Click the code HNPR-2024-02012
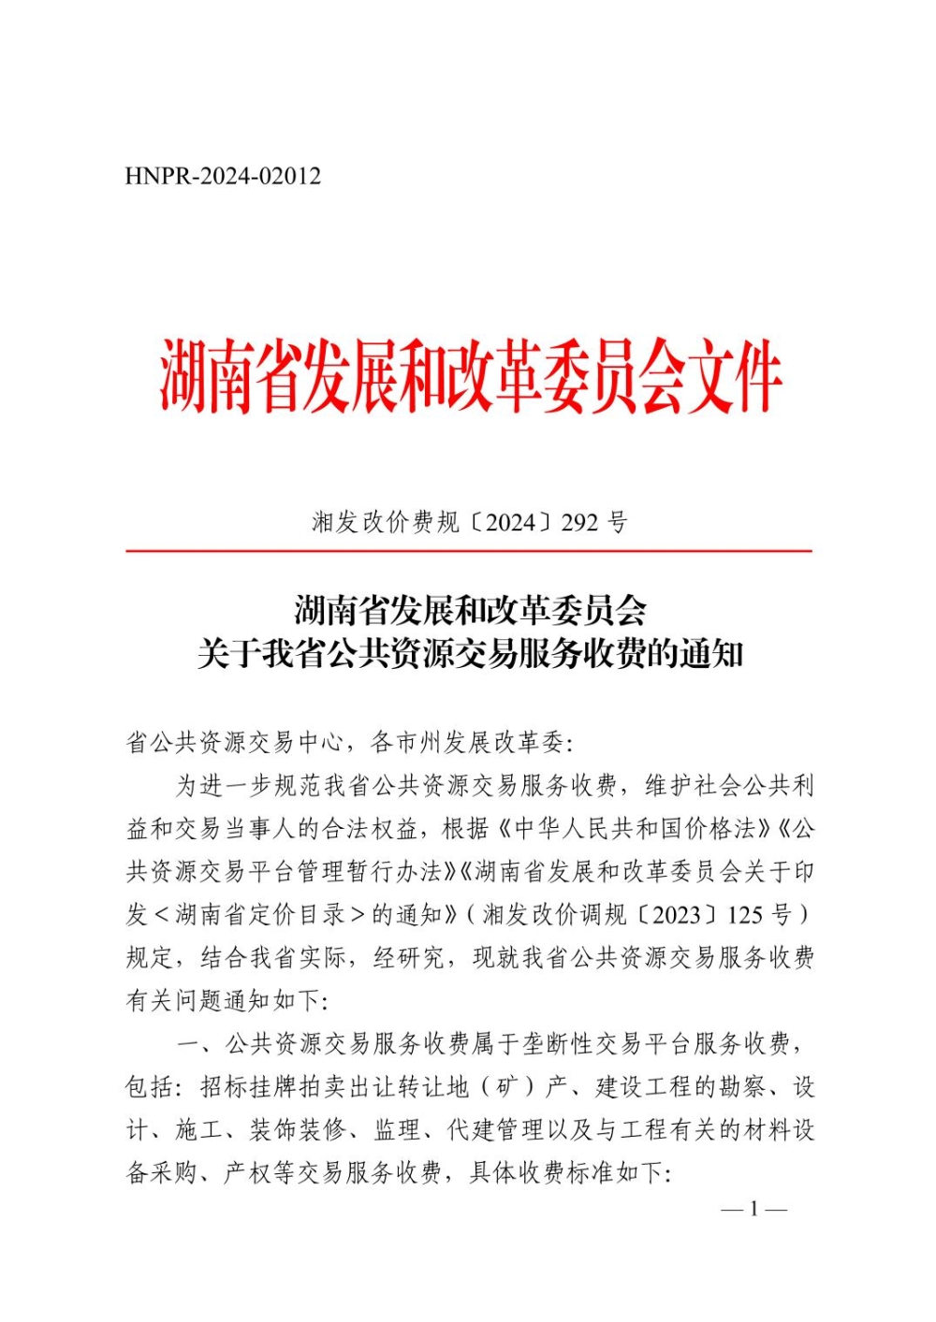[223, 176]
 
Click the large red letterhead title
[469, 377]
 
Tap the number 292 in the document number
[579, 522]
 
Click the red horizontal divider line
[468, 551]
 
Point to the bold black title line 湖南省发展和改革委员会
[470, 611]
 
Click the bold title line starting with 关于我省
[470, 654]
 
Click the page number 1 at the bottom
[753, 1210]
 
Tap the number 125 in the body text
[746, 914]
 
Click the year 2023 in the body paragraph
[676, 914]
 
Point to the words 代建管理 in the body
[495, 1129]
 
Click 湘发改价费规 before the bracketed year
[385, 522]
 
